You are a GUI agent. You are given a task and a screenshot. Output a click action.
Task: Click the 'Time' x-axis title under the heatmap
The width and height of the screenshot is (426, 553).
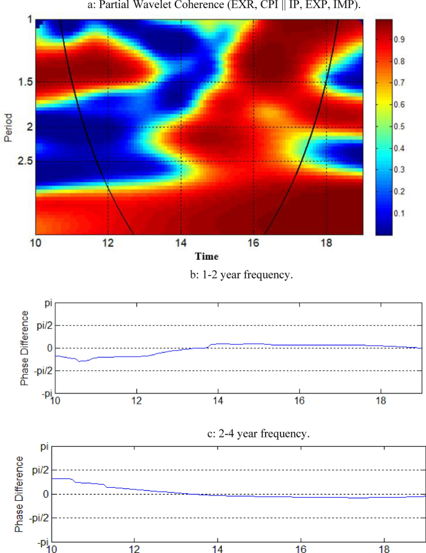(x=206, y=256)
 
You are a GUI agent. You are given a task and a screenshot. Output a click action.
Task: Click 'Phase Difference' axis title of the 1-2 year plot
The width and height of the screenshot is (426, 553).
(x=25, y=348)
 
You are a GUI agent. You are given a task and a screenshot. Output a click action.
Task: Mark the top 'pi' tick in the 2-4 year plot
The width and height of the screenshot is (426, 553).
(x=44, y=446)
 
